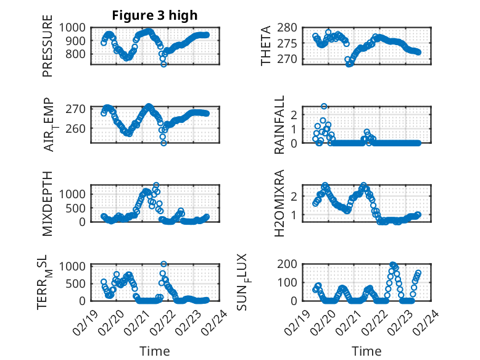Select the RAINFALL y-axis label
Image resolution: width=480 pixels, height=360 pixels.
(279, 125)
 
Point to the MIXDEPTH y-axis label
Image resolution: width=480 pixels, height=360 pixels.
(48, 203)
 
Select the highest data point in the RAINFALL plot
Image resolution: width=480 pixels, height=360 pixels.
(324, 106)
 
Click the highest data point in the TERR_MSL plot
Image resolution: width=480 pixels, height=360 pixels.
(163, 264)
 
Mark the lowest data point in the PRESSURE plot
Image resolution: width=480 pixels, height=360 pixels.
(163, 64)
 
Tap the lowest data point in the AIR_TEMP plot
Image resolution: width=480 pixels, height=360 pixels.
(164, 143)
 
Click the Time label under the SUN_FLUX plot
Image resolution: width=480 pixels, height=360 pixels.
(366, 351)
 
